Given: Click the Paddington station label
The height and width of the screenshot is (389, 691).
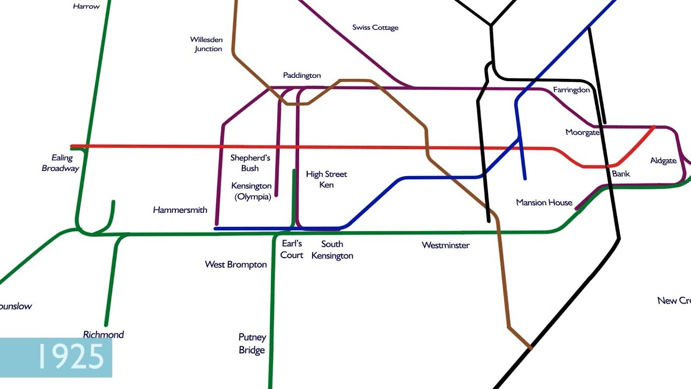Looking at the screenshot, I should (302, 76).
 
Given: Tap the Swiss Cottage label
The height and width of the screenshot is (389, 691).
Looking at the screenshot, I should (375, 28).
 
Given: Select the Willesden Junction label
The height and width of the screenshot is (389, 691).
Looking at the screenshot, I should (207, 44).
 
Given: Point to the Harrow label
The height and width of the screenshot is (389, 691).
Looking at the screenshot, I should (86, 6).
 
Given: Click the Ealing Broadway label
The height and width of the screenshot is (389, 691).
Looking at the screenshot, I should (60, 163).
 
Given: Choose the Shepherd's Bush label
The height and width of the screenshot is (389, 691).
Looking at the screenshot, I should (250, 163).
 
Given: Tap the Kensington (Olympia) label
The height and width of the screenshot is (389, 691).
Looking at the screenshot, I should (252, 191).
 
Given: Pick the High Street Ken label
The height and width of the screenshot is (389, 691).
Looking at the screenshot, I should (326, 179).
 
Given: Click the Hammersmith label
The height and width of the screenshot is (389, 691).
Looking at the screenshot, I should (180, 210).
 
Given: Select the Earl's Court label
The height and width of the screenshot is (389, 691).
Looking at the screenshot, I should (292, 250).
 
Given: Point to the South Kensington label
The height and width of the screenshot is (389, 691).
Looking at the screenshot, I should (332, 250).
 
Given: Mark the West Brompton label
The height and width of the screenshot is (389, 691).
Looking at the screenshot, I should (235, 265).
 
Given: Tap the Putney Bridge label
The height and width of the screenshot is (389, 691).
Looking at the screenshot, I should (252, 344).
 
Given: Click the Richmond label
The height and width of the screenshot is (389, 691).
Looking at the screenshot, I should (103, 335).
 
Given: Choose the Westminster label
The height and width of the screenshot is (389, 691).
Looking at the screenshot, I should (445, 245).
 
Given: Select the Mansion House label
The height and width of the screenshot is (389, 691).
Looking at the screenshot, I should (544, 203).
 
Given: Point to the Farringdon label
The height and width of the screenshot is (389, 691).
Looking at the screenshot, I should (571, 90).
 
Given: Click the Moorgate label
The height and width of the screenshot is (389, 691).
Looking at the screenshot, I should (582, 132).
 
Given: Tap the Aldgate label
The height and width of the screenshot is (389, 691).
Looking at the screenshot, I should (663, 161).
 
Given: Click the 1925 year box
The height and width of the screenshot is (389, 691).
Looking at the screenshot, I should (56, 357).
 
